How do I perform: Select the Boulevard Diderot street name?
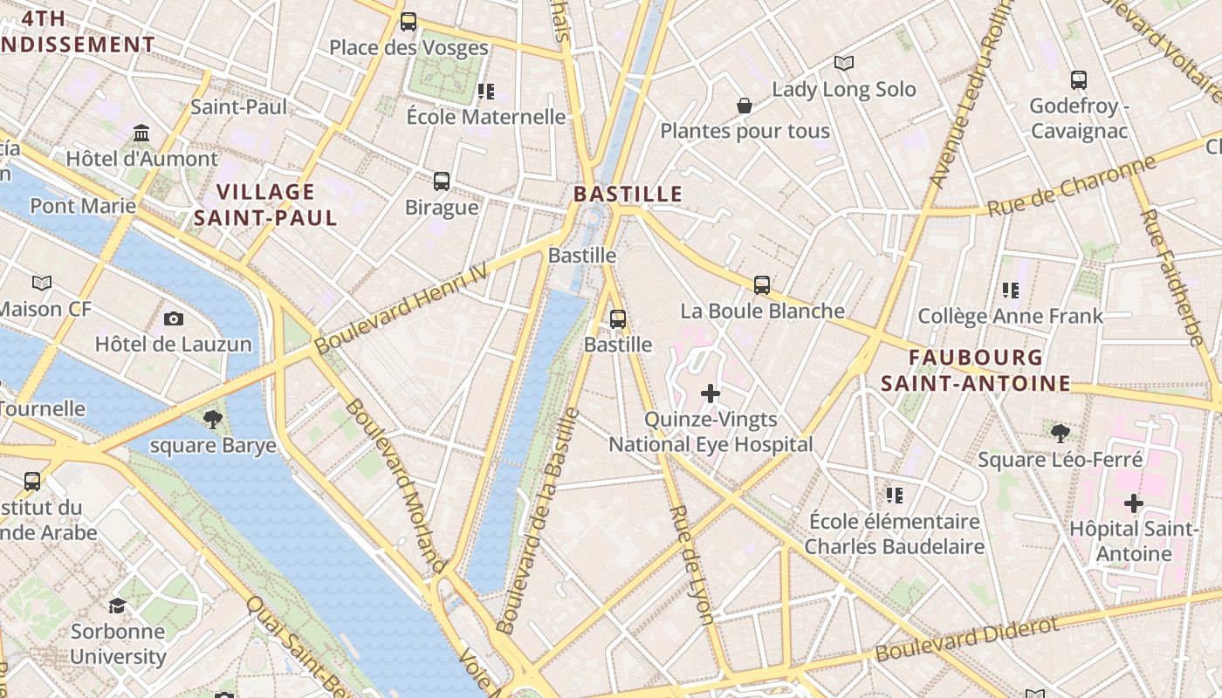[967, 639]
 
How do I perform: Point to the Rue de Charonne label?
[1071, 186]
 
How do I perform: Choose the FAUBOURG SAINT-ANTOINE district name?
[975, 370]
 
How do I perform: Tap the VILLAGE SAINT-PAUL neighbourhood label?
[265, 205]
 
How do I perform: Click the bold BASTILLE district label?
[628, 194]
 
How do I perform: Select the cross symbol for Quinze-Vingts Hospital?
[711, 393]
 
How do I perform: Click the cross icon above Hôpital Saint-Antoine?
[1133, 503]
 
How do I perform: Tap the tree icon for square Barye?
[212, 420]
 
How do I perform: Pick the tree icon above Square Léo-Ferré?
[1060, 433]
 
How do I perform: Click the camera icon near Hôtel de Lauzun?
[173, 318]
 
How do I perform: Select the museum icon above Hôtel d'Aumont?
[141, 133]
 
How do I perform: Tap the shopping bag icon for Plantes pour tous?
[745, 106]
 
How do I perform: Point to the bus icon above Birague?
[442, 181]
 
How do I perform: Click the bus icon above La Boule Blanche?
[761, 284]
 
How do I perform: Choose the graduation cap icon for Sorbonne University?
[117, 606]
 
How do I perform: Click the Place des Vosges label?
[408, 47]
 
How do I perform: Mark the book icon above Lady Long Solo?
[843, 63]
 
